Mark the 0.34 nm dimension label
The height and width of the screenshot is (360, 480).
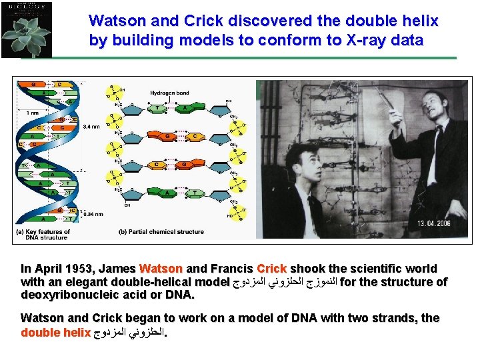pyautogui.click(x=93, y=214)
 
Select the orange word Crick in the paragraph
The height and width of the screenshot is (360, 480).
pyautogui.click(x=271, y=269)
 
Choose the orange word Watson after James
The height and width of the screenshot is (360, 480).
pyautogui.click(x=161, y=269)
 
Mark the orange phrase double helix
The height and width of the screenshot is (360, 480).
pyautogui.click(x=56, y=331)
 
